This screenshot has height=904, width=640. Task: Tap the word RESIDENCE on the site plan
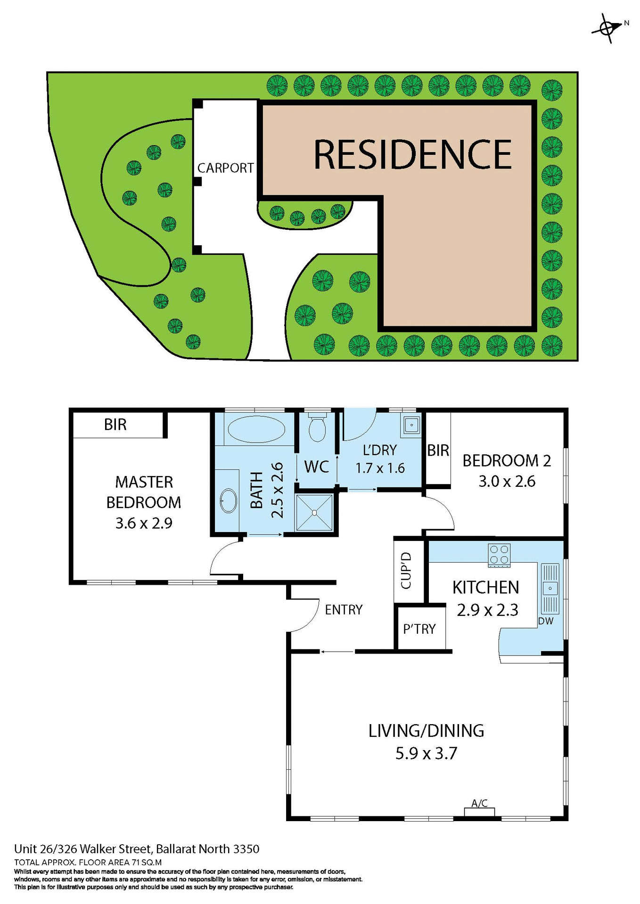click(412, 154)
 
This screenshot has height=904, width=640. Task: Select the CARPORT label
click(225, 168)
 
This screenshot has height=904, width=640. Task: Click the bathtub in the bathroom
click(256, 429)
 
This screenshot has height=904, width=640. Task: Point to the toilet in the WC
click(318, 428)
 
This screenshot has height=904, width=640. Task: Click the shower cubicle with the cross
click(314, 513)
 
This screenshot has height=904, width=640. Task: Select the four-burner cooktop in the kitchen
click(499, 555)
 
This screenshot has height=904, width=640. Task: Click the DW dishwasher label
click(545, 621)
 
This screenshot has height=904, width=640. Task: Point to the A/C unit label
click(479, 803)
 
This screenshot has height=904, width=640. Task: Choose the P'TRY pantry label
click(419, 629)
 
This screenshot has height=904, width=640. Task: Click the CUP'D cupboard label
click(406, 571)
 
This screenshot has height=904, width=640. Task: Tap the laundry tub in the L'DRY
click(411, 425)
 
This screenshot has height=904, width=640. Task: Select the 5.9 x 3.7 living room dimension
click(426, 753)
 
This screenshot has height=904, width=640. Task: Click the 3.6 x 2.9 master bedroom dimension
click(144, 523)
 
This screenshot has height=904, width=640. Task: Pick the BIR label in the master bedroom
click(115, 425)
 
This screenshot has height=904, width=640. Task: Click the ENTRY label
click(344, 610)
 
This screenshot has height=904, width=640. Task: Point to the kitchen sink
click(550, 588)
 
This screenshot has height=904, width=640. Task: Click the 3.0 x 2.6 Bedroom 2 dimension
click(507, 482)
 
